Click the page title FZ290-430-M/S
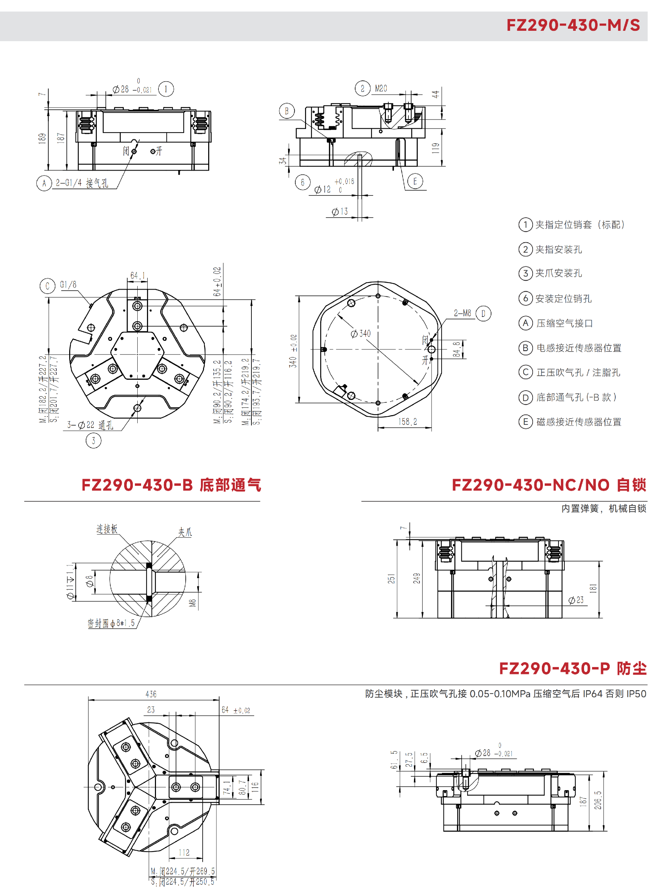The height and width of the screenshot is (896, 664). click(x=573, y=25)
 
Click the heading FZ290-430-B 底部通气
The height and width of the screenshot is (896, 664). click(x=171, y=485)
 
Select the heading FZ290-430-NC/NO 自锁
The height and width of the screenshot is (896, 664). click(x=549, y=485)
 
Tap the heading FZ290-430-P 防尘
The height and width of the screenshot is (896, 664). click(x=573, y=668)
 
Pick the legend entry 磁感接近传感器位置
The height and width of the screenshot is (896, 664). click(x=579, y=422)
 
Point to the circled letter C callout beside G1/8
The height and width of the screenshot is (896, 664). click(x=47, y=286)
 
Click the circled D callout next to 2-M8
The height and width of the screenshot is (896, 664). click(x=483, y=313)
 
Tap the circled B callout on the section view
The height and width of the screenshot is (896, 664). click(x=287, y=111)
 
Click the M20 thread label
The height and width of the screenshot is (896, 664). click(x=381, y=89)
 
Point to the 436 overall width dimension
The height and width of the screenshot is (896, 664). click(x=151, y=694)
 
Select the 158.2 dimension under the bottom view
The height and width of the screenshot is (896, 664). click(x=407, y=422)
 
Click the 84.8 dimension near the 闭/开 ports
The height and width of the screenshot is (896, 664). click(x=456, y=349)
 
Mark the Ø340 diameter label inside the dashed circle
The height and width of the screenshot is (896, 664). click(x=361, y=333)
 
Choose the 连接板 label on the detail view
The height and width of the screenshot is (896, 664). click(x=107, y=529)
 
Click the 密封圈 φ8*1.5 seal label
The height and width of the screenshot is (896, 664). click(x=111, y=623)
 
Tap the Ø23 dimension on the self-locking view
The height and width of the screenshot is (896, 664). click(x=575, y=600)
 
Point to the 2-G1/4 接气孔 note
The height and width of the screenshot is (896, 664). click(x=82, y=183)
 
